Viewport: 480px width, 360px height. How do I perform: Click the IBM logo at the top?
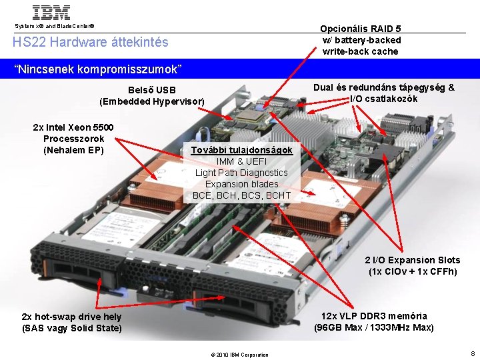click(51, 13)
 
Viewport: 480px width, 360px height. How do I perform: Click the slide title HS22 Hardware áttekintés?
click(91, 42)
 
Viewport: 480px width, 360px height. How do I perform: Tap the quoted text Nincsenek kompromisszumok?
click(97, 69)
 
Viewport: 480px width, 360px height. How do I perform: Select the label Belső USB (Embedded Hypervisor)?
click(151, 95)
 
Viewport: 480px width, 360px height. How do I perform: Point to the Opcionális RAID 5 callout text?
click(360, 40)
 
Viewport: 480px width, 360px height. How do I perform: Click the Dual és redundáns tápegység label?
click(384, 93)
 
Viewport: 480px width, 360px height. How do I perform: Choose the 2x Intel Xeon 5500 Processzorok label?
click(73, 139)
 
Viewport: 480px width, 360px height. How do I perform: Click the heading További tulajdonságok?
click(241, 150)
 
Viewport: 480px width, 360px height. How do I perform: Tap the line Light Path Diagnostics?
click(241, 173)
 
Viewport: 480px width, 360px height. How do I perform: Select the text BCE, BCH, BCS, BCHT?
click(241, 195)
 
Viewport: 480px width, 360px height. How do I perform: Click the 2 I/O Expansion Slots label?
click(412, 265)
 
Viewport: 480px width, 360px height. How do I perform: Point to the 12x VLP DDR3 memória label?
click(374, 321)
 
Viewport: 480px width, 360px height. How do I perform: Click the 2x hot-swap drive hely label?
click(72, 322)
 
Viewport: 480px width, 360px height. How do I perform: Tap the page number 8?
click(473, 353)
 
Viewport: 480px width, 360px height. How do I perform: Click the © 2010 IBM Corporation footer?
click(239, 355)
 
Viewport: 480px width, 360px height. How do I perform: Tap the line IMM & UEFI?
click(241, 161)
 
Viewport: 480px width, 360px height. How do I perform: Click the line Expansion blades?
click(241, 184)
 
